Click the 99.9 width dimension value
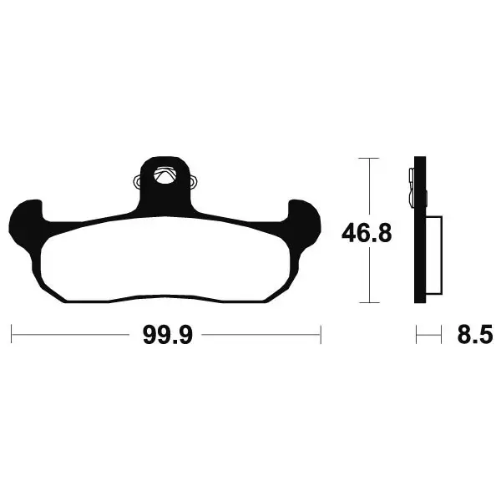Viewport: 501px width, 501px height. tap(168, 335)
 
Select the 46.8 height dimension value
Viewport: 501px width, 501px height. tap(367, 233)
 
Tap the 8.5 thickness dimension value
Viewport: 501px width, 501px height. tap(475, 335)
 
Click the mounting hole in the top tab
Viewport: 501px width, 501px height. tap(164, 176)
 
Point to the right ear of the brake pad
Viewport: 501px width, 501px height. tap(304, 224)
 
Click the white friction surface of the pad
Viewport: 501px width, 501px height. tap(164, 259)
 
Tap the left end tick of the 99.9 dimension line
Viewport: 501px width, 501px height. tap(12, 334)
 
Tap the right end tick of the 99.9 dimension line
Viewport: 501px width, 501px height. tap(321, 335)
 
